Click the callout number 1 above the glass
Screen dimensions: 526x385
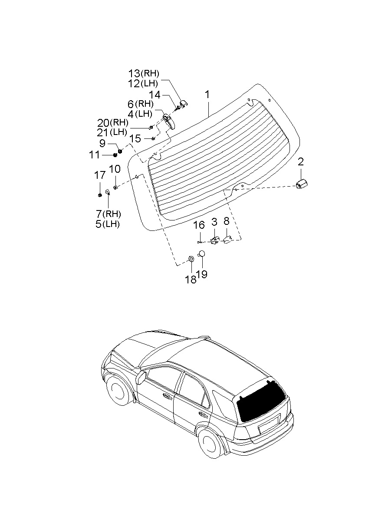(207, 95)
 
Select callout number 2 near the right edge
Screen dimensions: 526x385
(301, 162)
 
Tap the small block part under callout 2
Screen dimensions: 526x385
(301, 184)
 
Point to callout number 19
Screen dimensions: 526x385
(201, 274)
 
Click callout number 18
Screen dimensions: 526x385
(191, 279)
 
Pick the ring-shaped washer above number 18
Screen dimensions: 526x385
(191, 259)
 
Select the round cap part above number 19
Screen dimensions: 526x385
(201, 254)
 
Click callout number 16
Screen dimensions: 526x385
(199, 225)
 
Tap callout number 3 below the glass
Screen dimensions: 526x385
(214, 222)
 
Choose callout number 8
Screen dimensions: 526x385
(226, 221)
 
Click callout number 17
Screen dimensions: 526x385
(100, 175)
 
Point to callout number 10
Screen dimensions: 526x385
(115, 169)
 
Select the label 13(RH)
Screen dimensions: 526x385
(144, 73)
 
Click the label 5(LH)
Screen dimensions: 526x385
(107, 224)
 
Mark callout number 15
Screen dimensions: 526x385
(135, 138)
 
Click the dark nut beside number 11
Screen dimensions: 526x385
(115, 155)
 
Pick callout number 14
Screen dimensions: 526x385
(155, 95)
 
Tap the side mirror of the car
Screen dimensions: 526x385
(141, 377)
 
